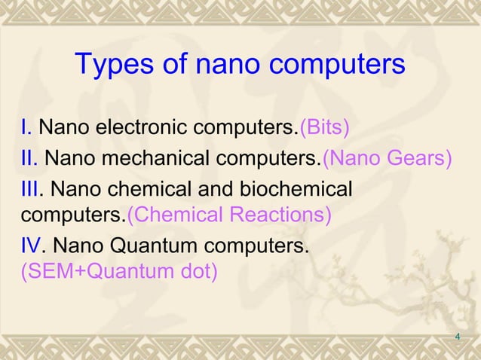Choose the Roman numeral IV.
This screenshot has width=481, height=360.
(33, 246)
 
